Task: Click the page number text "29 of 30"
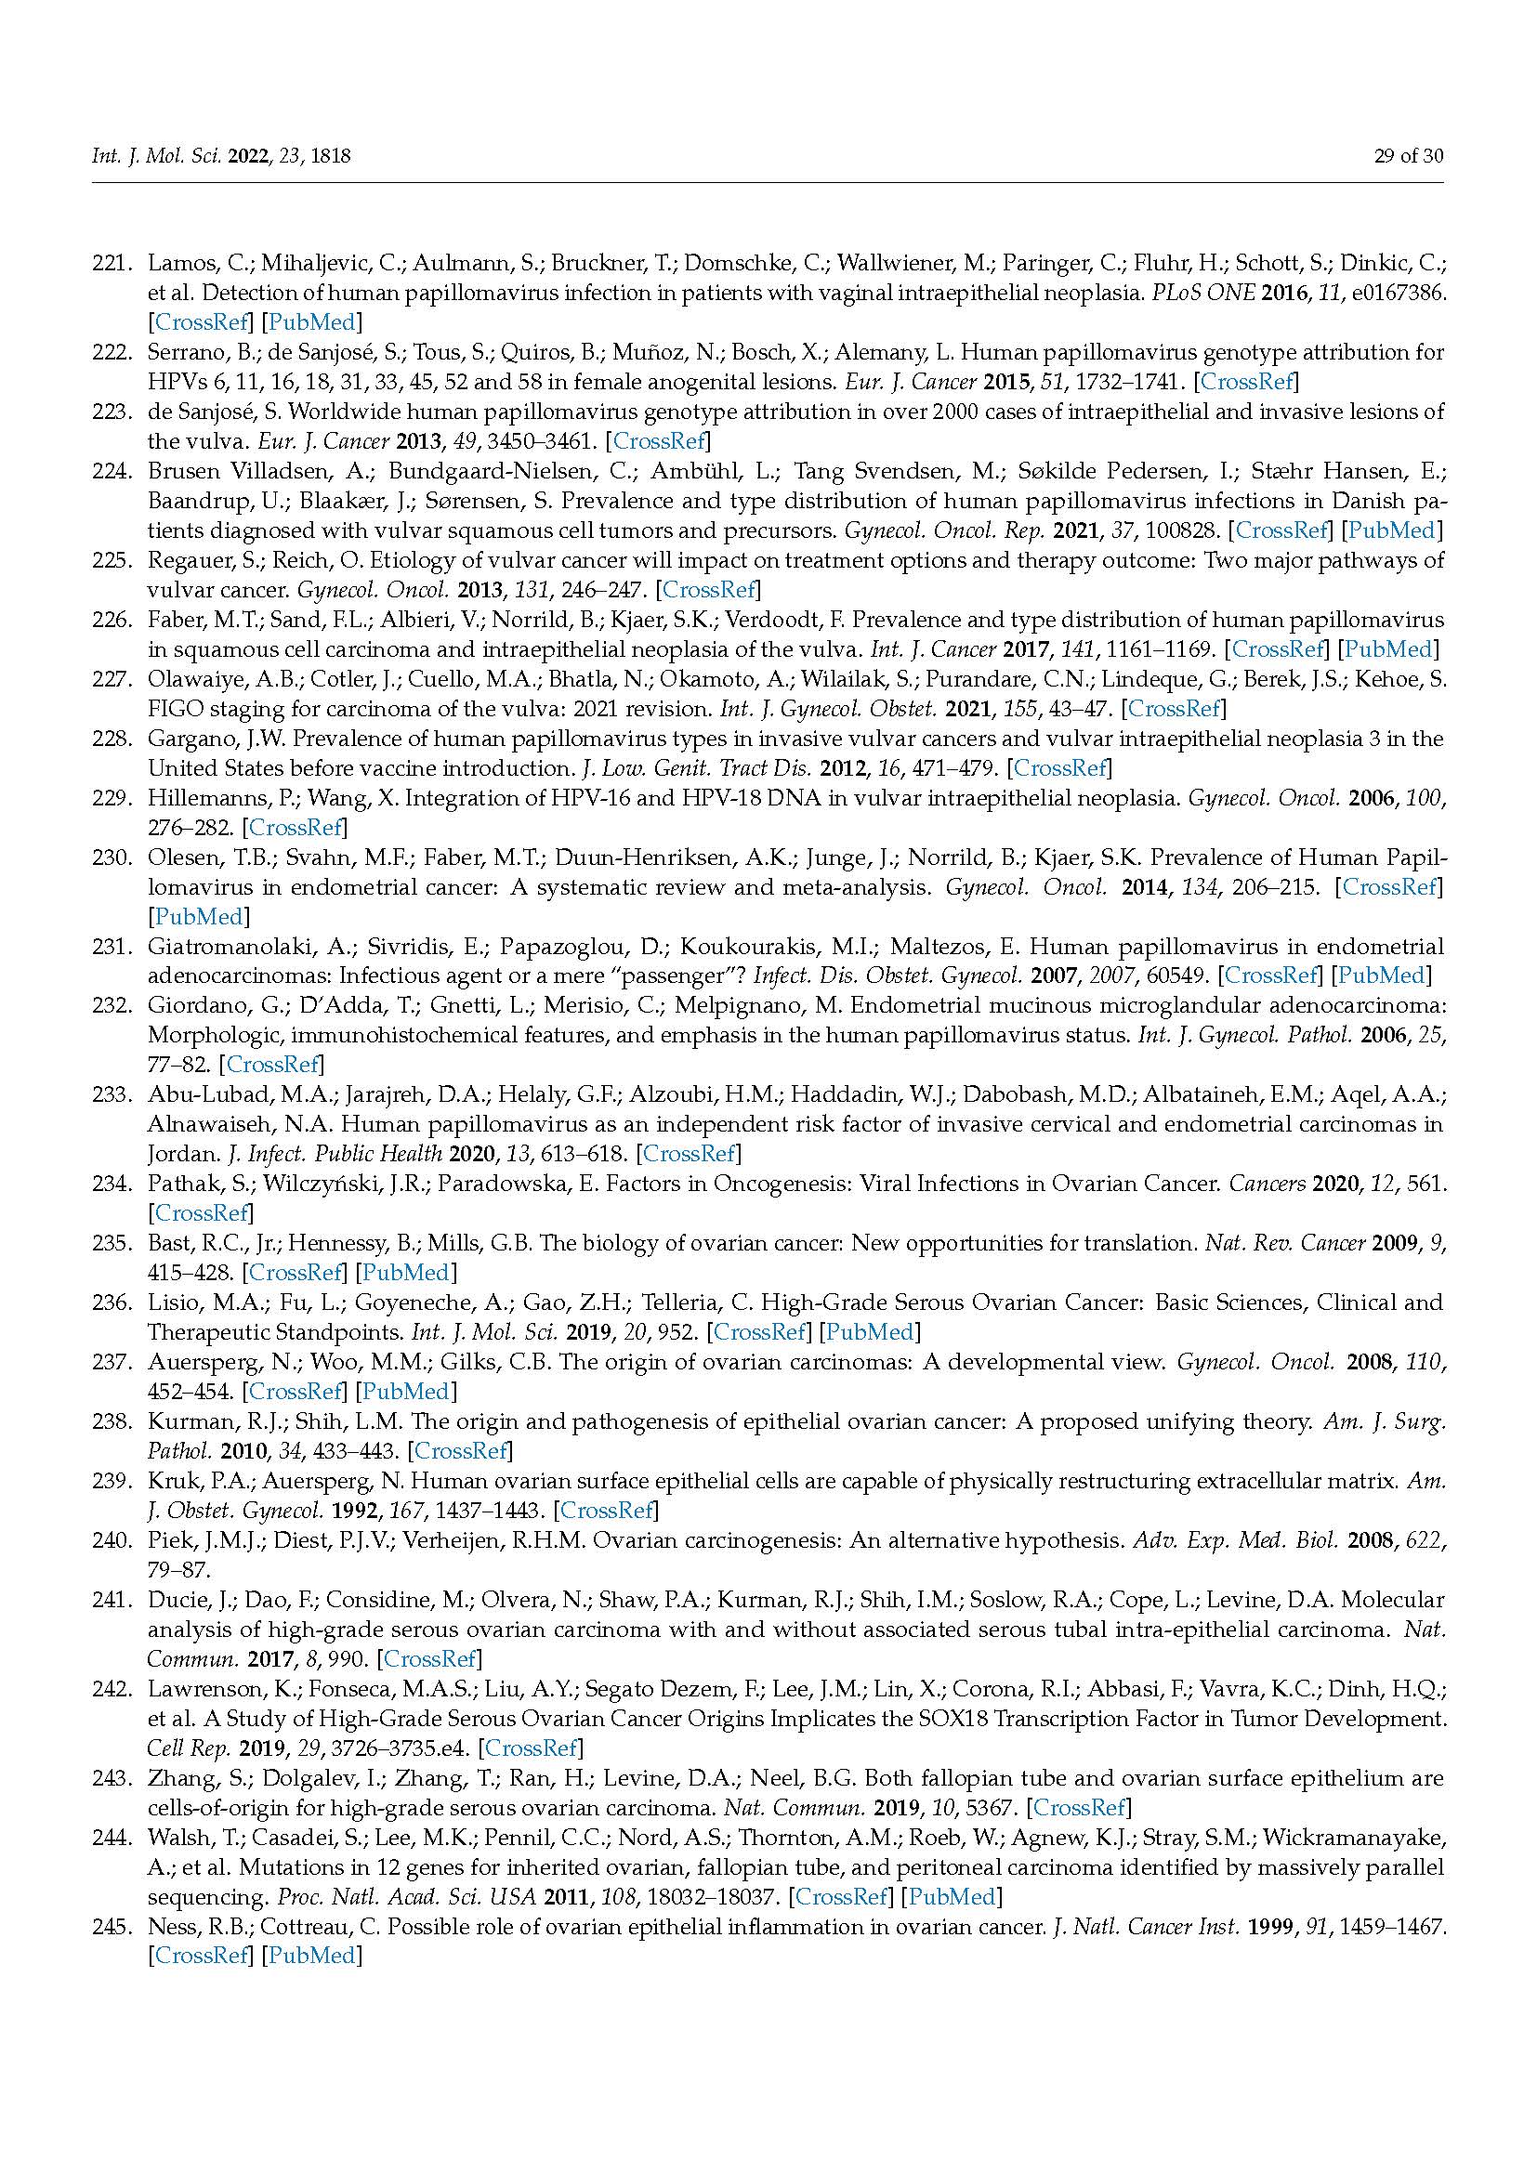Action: point(1408,155)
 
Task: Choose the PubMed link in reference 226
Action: point(1390,649)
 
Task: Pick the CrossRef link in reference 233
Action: point(689,1154)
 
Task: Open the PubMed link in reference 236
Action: point(868,1331)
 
